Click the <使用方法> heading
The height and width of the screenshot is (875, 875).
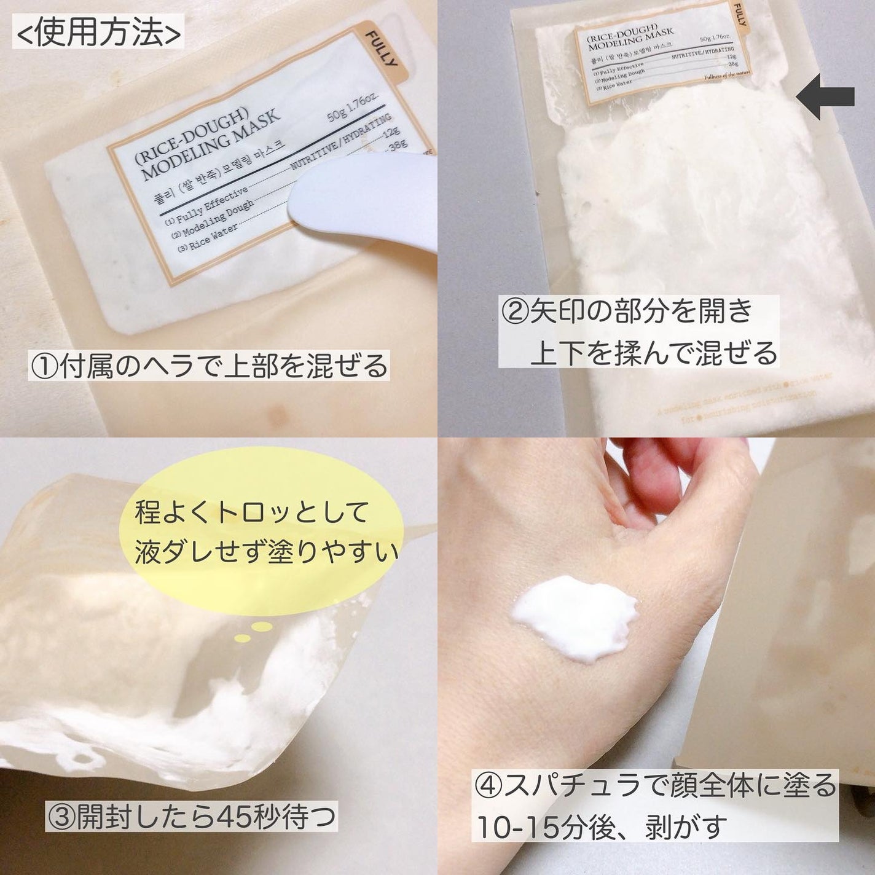click(x=96, y=35)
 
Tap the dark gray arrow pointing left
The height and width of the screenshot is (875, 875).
click(x=825, y=96)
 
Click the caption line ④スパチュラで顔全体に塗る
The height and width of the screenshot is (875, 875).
click(x=655, y=787)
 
